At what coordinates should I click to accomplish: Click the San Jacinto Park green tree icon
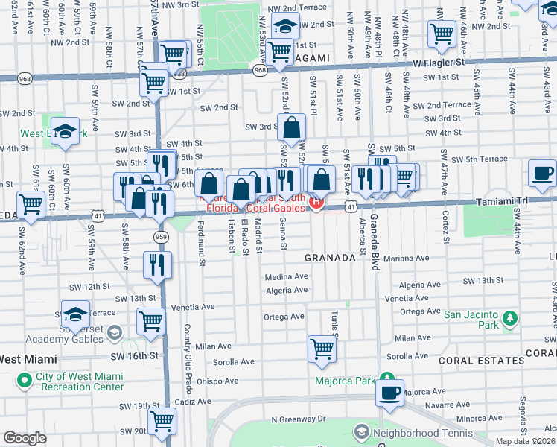point(510,320)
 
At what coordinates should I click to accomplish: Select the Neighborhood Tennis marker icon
point(361,432)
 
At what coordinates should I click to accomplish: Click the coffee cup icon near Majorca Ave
point(391,393)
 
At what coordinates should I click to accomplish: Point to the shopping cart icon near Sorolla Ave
point(322,349)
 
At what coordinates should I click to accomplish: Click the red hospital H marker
point(317,202)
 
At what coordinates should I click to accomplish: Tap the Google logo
point(25,438)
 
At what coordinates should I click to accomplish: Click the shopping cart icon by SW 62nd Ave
point(31,203)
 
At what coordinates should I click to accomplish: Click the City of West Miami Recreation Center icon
point(23,381)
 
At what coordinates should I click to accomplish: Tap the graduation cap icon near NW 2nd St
point(284,26)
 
